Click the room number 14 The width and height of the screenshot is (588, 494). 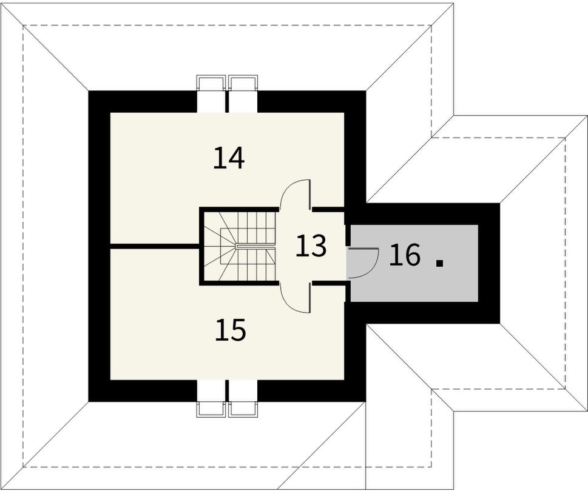coord(229,158)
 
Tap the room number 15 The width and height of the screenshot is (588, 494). coord(231,330)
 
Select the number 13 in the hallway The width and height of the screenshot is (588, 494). coord(311,247)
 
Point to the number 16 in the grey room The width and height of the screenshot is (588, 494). coord(405,255)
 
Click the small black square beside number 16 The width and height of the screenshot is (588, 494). coord(441,262)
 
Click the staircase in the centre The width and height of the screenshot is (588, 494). coord(239,246)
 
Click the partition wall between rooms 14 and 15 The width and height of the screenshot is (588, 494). coord(155,246)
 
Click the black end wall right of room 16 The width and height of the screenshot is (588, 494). coord(489,263)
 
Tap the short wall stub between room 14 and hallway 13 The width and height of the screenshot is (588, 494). coord(328,209)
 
